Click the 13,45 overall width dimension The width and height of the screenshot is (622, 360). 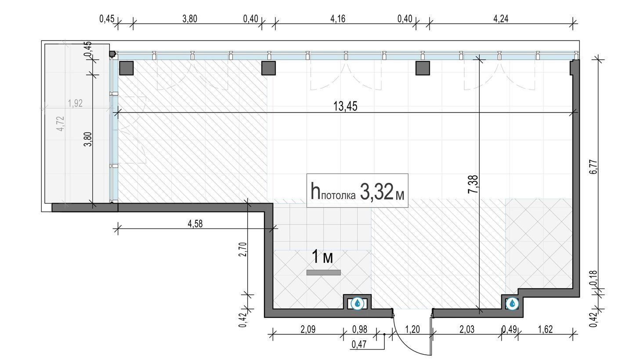(x=345, y=106)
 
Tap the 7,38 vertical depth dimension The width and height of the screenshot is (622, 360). (x=473, y=184)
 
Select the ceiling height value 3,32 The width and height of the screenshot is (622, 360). (x=377, y=191)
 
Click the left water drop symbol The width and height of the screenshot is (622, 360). (x=358, y=303)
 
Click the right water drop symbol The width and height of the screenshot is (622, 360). (x=512, y=303)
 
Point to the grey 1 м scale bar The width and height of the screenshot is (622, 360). (x=323, y=273)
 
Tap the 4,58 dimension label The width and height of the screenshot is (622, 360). (x=195, y=224)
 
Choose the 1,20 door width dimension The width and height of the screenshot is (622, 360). (x=412, y=329)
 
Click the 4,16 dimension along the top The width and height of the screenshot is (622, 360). (x=338, y=18)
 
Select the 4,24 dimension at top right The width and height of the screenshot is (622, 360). (x=501, y=18)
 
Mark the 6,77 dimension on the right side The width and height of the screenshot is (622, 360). (x=593, y=167)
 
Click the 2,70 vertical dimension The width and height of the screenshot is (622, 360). (x=242, y=249)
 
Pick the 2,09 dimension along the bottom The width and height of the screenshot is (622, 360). (x=308, y=329)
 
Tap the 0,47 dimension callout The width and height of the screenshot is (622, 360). (x=359, y=345)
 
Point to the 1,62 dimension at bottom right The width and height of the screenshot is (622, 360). (x=546, y=329)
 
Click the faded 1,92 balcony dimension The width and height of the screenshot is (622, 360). (x=75, y=103)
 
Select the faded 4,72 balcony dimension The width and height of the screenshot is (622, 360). (x=60, y=124)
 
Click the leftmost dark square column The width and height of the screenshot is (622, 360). (x=127, y=68)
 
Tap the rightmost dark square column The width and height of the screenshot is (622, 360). (x=423, y=68)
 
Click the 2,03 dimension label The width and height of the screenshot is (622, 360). (x=467, y=329)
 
